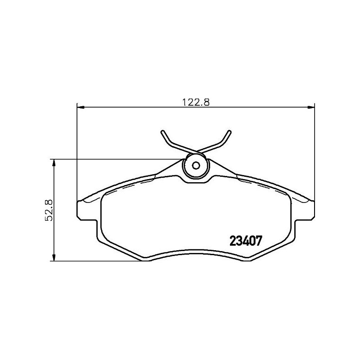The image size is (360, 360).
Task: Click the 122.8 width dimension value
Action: click(x=196, y=101)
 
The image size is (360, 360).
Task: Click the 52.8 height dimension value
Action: click(x=50, y=210)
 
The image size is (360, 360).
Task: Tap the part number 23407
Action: click(x=246, y=242)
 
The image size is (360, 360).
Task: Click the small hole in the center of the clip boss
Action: click(x=196, y=165)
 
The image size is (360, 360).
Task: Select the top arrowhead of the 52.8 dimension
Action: click(x=54, y=162)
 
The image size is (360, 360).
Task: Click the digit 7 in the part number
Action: click(x=259, y=242)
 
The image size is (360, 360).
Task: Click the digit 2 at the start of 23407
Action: click(x=233, y=242)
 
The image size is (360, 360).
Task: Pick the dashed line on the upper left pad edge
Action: click(x=126, y=185)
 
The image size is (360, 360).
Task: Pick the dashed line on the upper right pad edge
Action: click(x=265, y=185)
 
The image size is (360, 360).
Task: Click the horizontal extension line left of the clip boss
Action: click(x=117, y=159)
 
